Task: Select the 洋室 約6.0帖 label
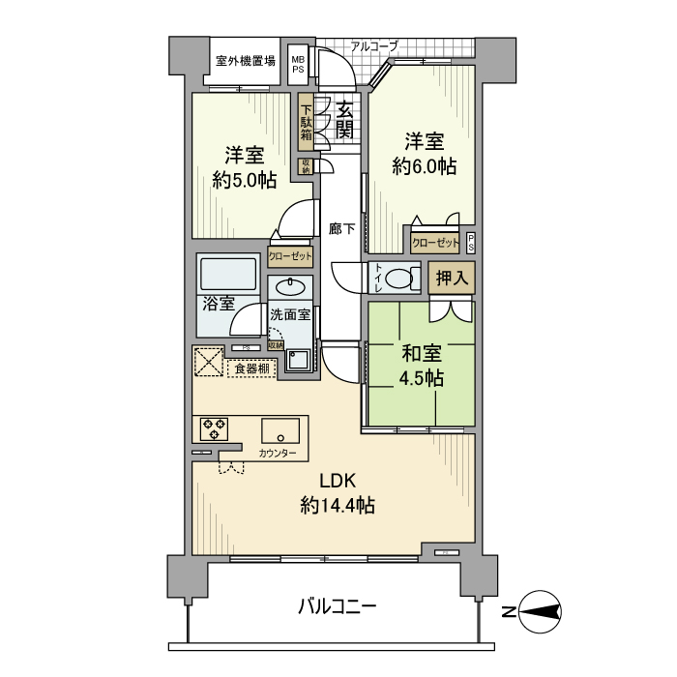point(425,154)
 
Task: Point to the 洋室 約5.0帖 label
point(245,166)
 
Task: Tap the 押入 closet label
point(452,279)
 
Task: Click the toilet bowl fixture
point(397,279)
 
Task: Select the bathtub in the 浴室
point(227,276)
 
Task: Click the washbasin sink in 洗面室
point(289,286)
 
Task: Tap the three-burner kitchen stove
point(213,428)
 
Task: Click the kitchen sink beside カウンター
point(280,430)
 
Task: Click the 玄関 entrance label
point(345,121)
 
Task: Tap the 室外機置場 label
point(245,60)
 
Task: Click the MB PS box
point(298,64)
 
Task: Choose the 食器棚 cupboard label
point(251,368)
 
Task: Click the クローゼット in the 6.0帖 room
point(436,244)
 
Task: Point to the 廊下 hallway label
point(341,229)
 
